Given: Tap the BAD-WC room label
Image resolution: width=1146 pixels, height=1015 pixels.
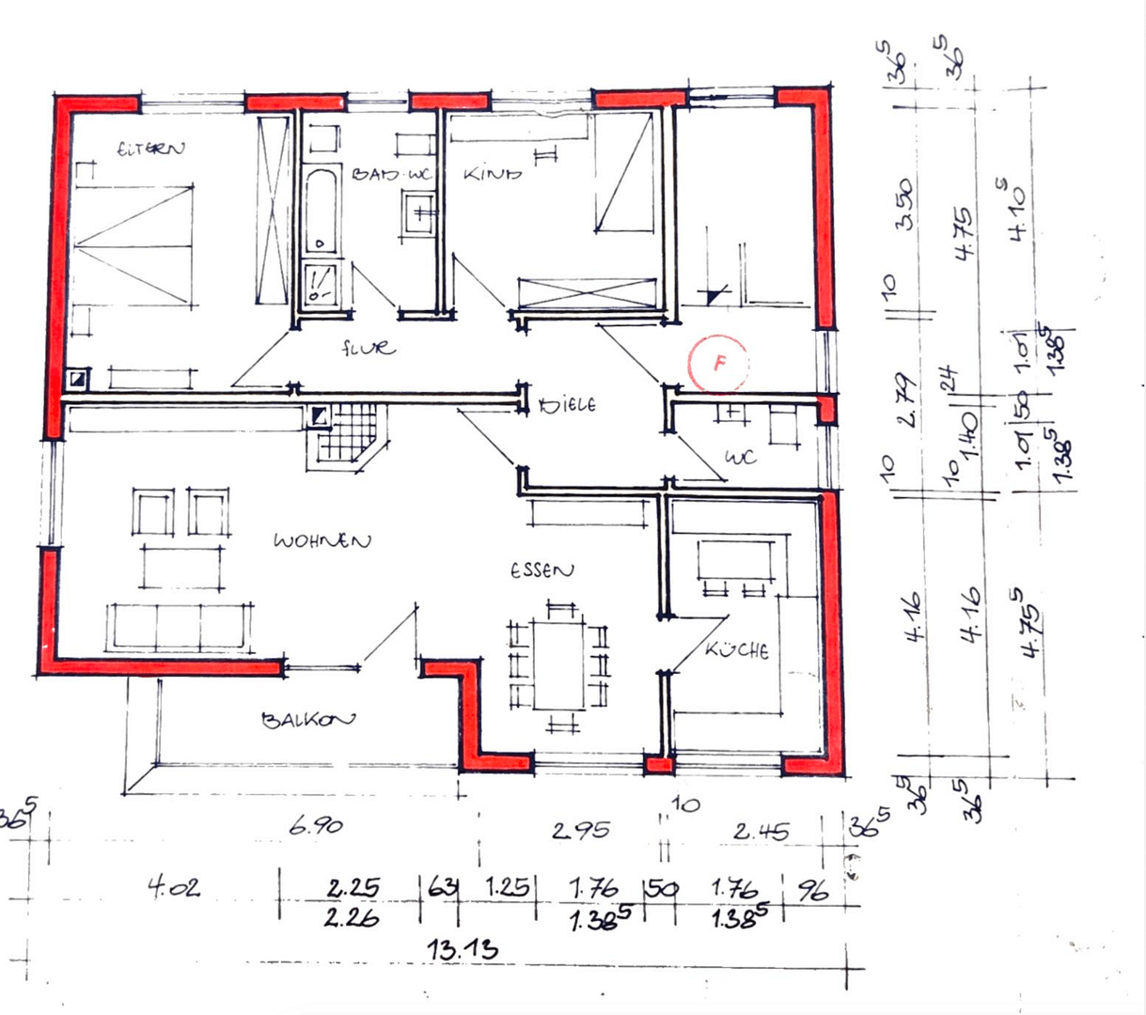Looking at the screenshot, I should (x=391, y=174).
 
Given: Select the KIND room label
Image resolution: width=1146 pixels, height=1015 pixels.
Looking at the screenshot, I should (x=492, y=174).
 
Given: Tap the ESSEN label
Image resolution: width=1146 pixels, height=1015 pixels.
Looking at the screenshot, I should (x=542, y=570).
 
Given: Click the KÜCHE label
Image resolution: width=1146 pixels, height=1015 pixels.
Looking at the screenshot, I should (x=738, y=649).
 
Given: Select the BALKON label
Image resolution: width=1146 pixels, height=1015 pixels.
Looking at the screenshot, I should (x=308, y=720).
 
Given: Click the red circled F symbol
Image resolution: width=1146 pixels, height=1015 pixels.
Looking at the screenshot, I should (x=719, y=363).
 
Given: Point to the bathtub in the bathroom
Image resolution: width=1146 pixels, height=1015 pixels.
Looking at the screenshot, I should (x=321, y=211).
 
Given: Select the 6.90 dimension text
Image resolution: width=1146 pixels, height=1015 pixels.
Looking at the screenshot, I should (x=316, y=826).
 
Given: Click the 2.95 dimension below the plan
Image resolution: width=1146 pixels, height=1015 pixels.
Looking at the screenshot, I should (x=580, y=830).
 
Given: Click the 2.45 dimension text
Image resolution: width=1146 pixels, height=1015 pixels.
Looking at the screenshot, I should (x=761, y=832).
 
